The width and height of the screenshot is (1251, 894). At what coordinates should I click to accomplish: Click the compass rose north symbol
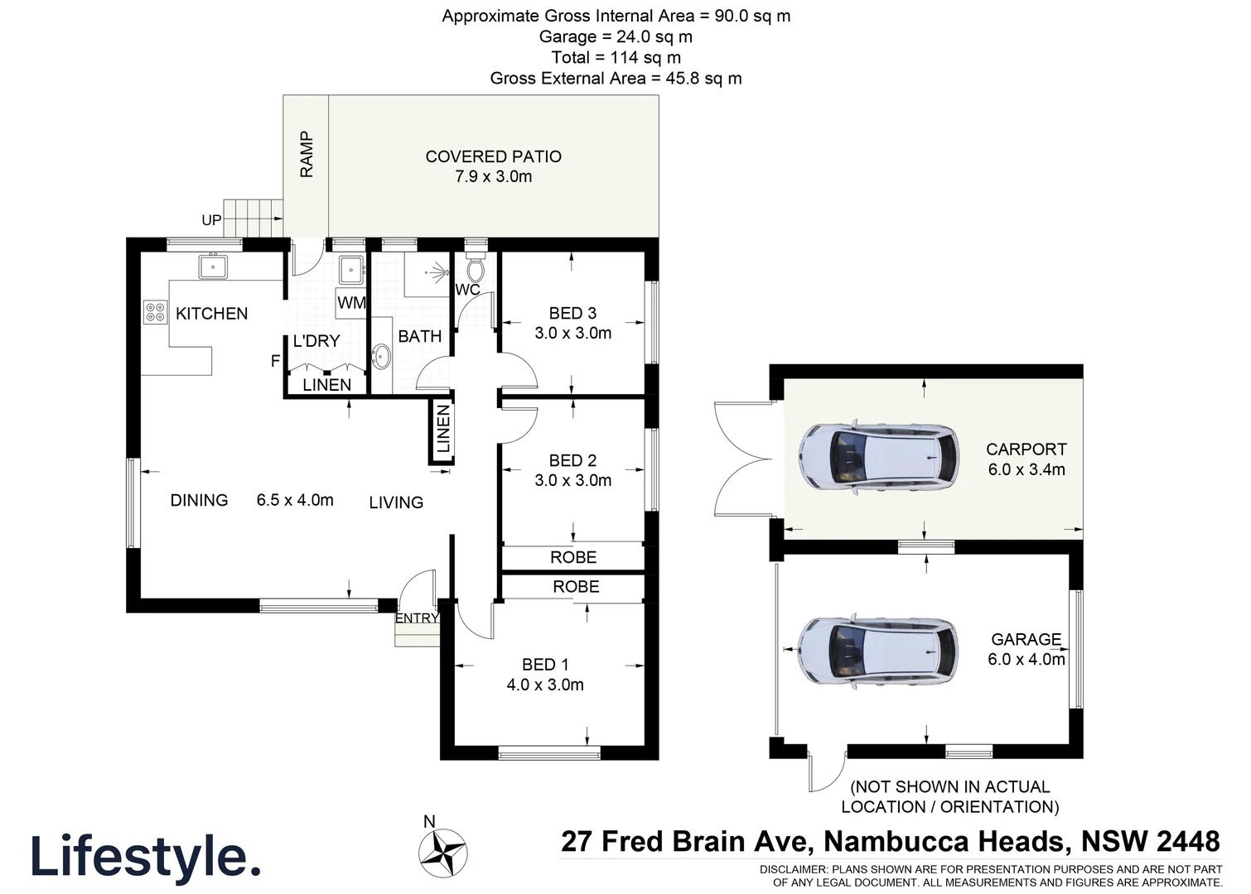click(442, 853)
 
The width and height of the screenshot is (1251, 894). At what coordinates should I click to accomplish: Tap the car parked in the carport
click(877, 457)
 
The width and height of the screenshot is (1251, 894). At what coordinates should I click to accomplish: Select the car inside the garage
click(877, 651)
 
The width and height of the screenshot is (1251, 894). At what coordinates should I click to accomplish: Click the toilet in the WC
click(475, 270)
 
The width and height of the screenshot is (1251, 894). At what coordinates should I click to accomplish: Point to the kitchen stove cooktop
click(155, 312)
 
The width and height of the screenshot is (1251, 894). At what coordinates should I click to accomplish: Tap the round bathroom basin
click(382, 358)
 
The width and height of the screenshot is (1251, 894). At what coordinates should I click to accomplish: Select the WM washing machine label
click(351, 303)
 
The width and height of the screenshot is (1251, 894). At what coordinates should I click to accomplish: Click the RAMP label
click(307, 154)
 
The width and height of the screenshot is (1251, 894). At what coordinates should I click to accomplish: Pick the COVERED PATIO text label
click(493, 156)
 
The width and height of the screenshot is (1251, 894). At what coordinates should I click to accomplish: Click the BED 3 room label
click(572, 313)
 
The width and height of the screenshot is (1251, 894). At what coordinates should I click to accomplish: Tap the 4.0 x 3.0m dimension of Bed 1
click(545, 685)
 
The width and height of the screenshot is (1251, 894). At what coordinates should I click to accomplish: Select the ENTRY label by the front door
click(416, 618)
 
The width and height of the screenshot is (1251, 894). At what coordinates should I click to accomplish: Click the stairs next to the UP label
click(254, 218)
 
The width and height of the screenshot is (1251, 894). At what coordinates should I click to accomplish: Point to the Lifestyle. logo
click(145, 857)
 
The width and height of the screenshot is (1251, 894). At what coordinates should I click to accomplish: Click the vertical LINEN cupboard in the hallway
click(443, 429)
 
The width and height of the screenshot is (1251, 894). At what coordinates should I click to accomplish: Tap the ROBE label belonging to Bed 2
click(573, 557)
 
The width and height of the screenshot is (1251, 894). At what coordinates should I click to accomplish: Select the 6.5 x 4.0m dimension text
click(295, 500)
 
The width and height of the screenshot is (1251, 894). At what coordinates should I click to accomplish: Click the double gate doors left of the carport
click(742, 459)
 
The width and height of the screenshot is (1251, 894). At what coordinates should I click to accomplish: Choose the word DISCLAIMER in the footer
click(793, 869)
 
